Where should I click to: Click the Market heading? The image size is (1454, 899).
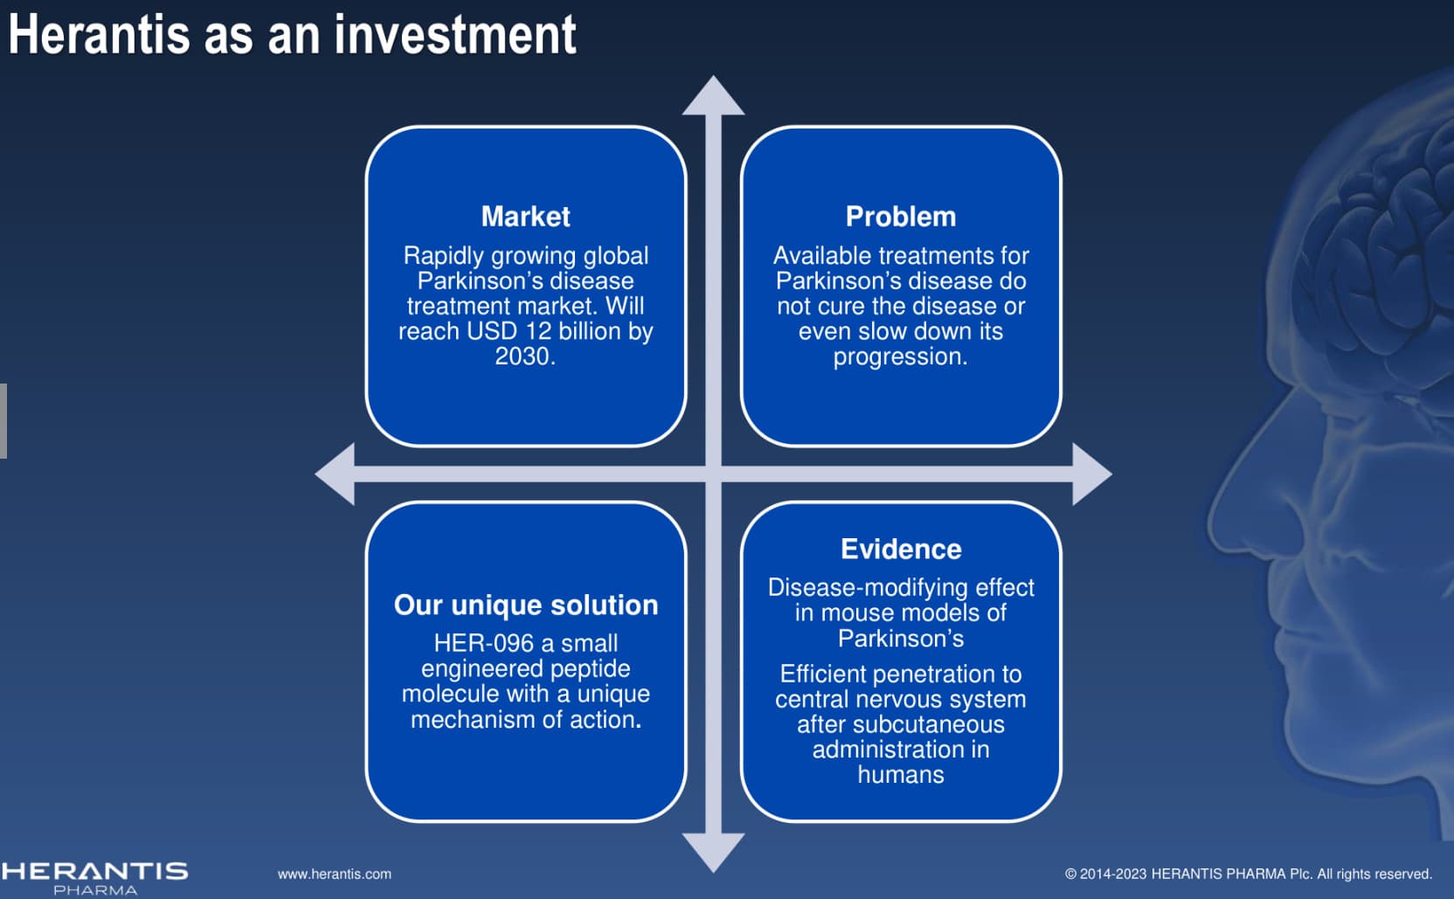pos(525,217)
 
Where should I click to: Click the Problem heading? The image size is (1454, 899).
pos(900,217)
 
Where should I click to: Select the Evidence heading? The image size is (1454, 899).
pos(901,550)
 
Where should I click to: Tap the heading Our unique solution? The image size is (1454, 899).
pos(526,605)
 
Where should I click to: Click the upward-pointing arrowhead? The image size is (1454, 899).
pos(713,95)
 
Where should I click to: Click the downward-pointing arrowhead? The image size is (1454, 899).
pos(713,853)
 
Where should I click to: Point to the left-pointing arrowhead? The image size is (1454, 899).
pos(335,474)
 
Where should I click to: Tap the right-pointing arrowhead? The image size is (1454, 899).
pos(1091,474)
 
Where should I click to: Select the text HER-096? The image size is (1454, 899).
pos(483,643)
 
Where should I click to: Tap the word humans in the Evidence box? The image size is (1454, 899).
pos(900,775)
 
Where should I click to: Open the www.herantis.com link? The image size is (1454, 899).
pos(335,875)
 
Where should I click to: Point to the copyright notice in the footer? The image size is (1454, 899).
pos(1249,875)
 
